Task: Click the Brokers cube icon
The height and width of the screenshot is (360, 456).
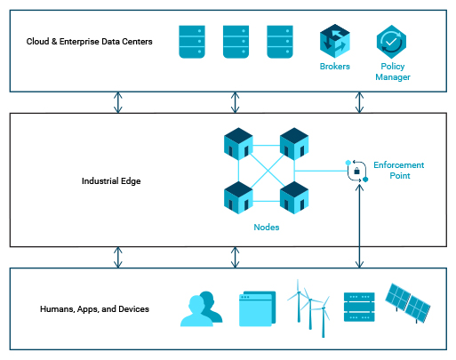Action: (x=335, y=41)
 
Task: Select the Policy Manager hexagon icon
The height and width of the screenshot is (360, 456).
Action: (x=391, y=42)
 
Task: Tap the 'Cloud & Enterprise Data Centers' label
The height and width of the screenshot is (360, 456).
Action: (x=89, y=42)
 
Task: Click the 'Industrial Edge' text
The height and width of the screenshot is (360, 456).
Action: (x=111, y=181)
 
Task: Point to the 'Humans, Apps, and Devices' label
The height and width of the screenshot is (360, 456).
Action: (x=94, y=309)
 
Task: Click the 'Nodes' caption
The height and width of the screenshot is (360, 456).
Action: (x=267, y=228)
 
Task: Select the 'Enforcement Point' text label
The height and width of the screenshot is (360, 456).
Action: (x=399, y=171)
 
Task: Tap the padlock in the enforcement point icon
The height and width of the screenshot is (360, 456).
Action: (x=357, y=171)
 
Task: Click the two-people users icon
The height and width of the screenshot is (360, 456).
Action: (x=202, y=309)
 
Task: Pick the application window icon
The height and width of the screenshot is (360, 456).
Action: (x=257, y=308)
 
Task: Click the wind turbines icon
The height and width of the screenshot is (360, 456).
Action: (x=308, y=308)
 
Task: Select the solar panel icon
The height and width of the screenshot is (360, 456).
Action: (x=408, y=303)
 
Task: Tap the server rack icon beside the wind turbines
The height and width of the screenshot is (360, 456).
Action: (x=359, y=307)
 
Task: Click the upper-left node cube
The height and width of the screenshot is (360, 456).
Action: (x=238, y=144)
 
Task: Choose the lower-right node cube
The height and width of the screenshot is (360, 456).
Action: (x=294, y=197)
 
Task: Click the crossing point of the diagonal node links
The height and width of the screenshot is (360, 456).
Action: (x=268, y=171)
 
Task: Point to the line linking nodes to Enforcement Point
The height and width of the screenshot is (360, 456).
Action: (x=321, y=171)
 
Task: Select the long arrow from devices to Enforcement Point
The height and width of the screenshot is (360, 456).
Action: (x=359, y=226)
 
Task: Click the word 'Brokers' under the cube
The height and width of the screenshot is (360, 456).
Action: (x=335, y=67)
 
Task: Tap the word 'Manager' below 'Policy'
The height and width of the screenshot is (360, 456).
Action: (x=393, y=77)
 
